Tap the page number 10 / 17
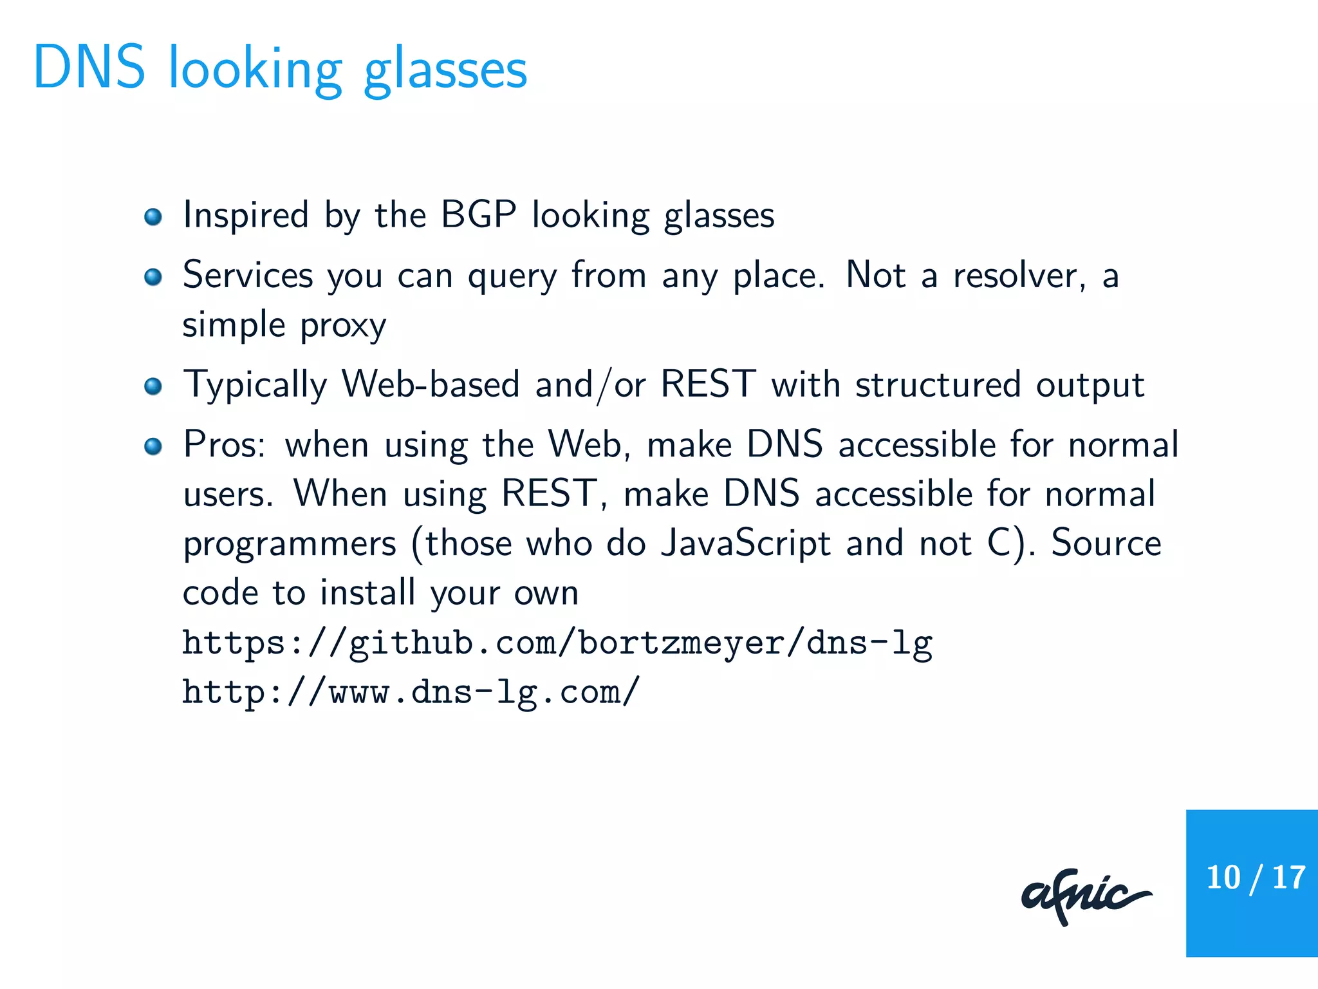(1255, 878)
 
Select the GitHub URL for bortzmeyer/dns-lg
(557, 643)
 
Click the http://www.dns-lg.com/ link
(411, 692)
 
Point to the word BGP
(478, 214)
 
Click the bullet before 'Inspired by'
(153, 216)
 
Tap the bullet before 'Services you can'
(153, 277)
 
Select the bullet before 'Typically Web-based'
(153, 386)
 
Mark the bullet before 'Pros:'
(153, 446)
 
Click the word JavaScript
(746, 543)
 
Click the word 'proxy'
(343, 326)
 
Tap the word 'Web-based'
(431, 384)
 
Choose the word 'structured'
(938, 384)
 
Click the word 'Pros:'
(224, 445)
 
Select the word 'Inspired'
(246, 215)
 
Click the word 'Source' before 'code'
(1106, 543)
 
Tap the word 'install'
(367, 592)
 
